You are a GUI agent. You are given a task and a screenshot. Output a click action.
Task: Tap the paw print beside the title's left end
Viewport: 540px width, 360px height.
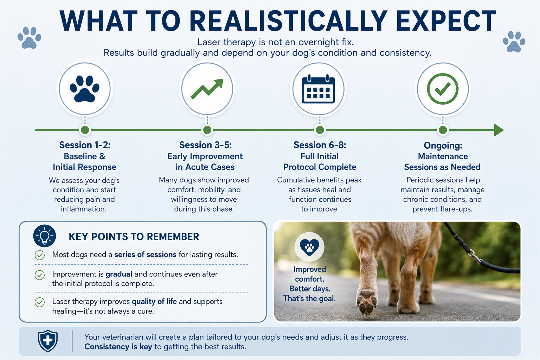tap(30, 38)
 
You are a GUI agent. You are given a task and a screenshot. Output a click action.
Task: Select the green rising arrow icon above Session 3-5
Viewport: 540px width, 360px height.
tap(207, 89)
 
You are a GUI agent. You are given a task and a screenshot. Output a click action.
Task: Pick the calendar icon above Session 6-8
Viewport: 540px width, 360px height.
tap(319, 89)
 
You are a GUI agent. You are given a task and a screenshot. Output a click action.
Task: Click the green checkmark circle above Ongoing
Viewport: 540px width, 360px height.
tap(443, 89)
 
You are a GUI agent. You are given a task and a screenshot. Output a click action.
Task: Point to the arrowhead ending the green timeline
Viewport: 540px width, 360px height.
tap(499, 130)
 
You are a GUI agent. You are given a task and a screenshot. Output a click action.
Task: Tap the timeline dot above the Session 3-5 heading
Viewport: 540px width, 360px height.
tap(207, 130)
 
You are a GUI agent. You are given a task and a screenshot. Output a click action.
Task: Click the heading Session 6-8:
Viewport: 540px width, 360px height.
tap(320, 145)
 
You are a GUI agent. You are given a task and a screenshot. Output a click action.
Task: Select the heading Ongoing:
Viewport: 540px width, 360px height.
tap(443, 146)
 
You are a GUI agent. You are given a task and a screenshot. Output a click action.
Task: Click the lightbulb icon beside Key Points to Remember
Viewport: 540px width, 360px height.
tap(45, 236)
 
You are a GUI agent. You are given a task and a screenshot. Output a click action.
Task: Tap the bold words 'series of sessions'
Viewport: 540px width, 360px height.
tap(145, 255)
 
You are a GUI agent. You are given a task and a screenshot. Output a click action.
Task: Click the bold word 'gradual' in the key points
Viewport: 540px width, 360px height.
tap(119, 274)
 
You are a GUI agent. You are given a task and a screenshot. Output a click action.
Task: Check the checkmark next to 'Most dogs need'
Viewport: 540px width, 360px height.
tap(40, 255)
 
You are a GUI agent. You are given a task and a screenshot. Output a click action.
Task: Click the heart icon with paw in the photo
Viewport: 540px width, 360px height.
tap(309, 247)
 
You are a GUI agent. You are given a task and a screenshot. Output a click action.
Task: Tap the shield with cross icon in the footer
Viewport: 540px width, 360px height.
tap(48, 341)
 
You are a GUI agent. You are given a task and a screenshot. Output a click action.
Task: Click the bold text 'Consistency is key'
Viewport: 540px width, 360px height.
tap(118, 347)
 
